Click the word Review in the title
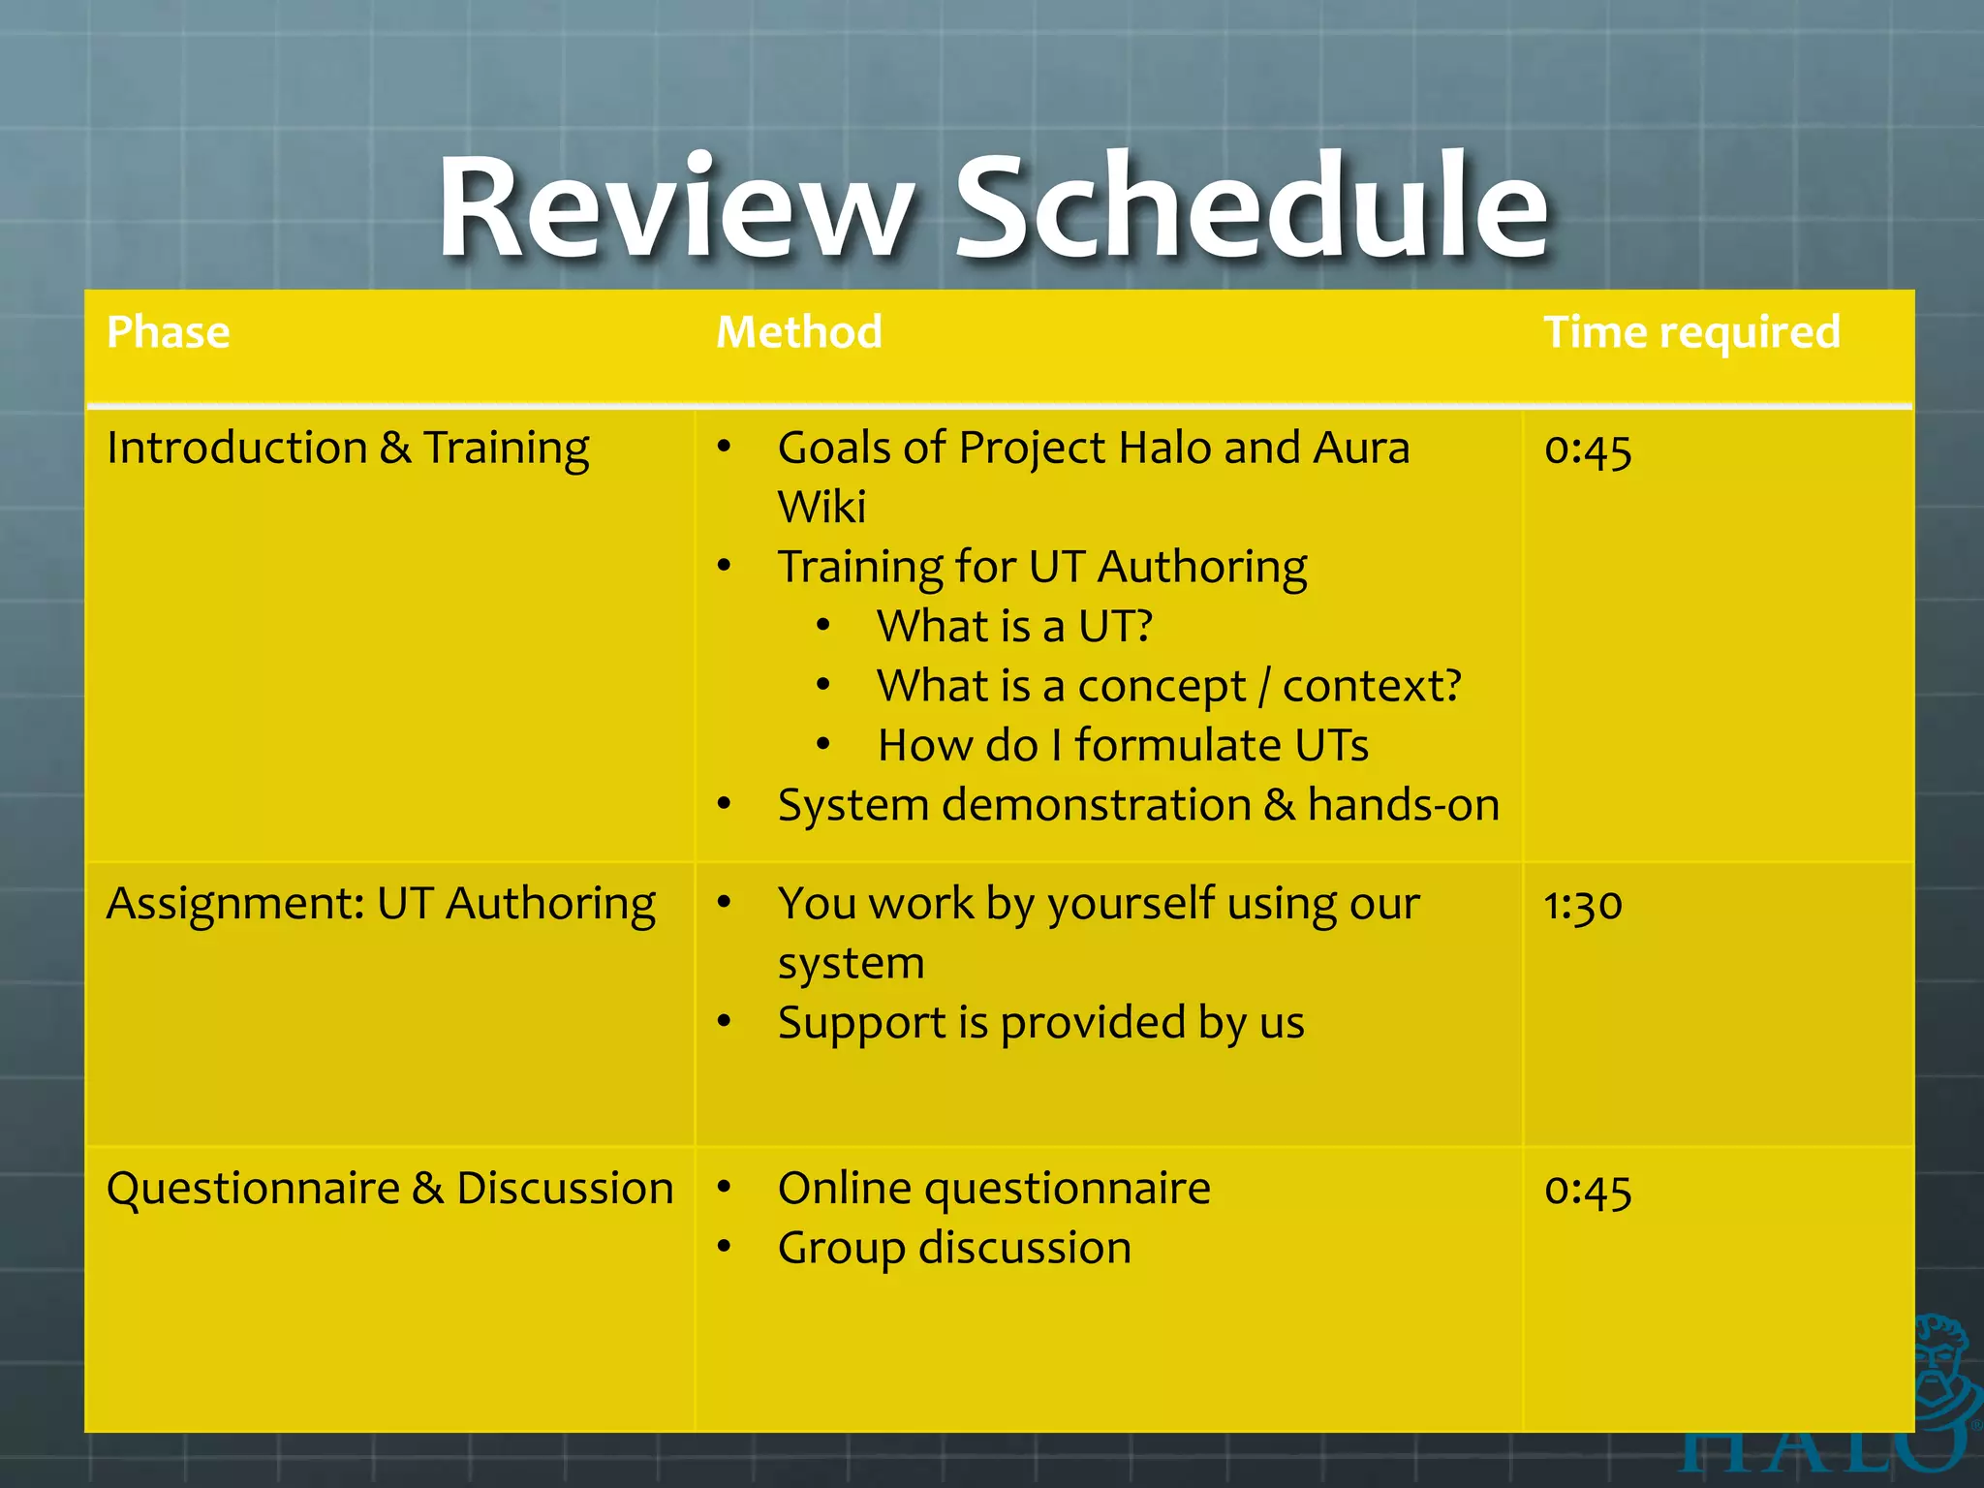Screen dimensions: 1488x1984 (675, 208)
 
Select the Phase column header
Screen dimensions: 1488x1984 (169, 332)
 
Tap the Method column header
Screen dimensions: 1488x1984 (799, 332)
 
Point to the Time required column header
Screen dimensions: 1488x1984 (1691, 332)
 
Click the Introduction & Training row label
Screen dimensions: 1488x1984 (348, 449)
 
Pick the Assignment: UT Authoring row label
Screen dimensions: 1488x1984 (381, 904)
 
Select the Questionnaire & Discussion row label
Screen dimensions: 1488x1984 (389, 1189)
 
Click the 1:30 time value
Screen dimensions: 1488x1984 (1582, 905)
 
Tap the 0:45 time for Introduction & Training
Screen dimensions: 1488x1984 (1587, 449)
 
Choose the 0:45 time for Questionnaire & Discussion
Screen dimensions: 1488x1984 (1587, 1191)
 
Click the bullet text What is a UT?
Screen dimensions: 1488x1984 (1014, 627)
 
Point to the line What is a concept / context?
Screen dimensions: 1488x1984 (1168, 687)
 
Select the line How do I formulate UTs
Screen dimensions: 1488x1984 (1123, 746)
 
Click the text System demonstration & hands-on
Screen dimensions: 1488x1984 (1138, 806)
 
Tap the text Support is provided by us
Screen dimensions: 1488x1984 (1040, 1024)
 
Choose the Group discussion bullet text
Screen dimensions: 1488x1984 (954, 1249)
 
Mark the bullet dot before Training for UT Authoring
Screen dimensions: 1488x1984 (724, 566)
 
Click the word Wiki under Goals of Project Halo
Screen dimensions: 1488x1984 (821, 508)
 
